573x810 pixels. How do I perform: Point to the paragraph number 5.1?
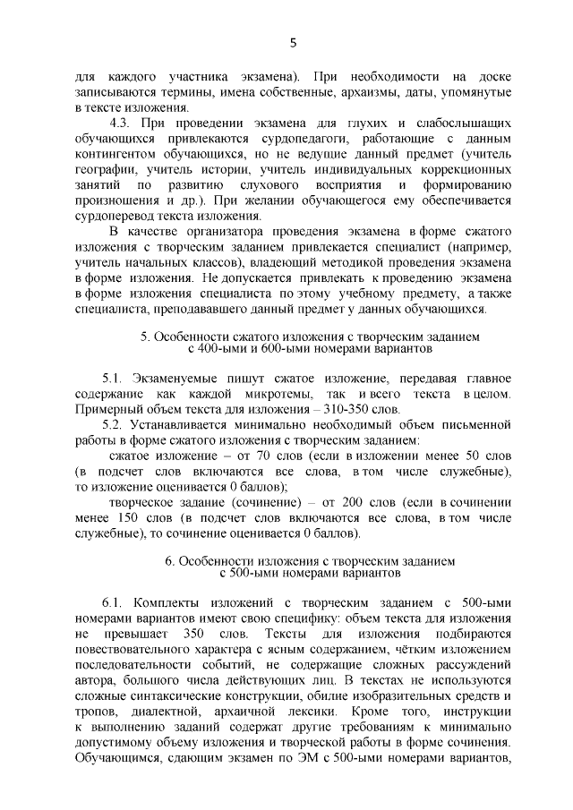tap(115, 379)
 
